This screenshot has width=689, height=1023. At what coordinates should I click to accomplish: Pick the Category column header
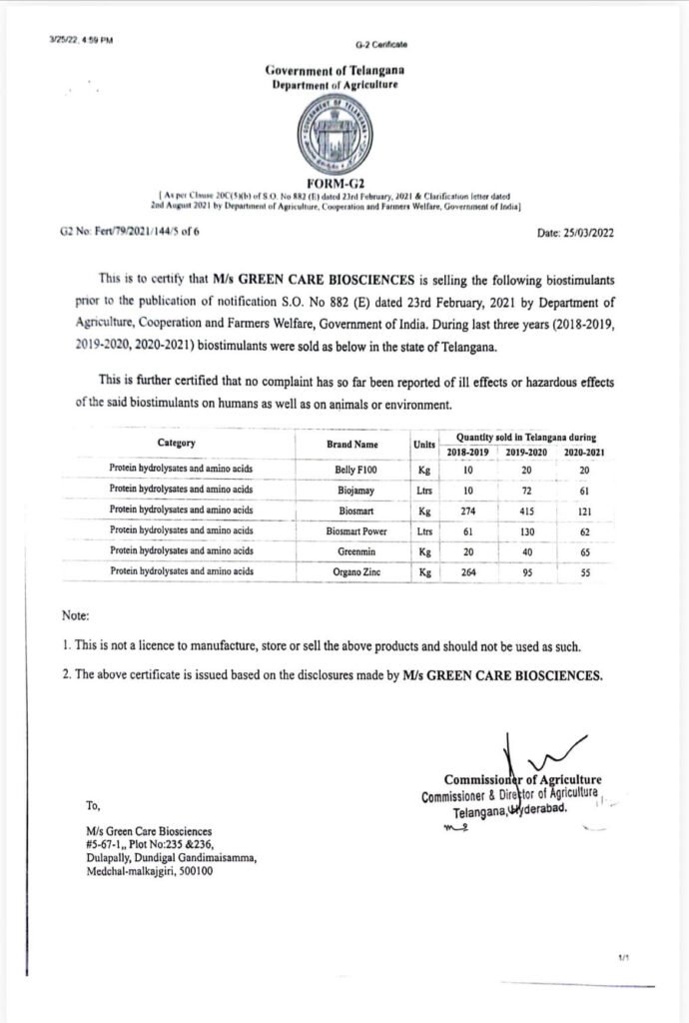[x=176, y=443]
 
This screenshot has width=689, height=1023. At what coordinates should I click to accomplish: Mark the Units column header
[x=423, y=443]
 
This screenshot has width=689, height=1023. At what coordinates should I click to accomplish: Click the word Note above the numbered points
[x=76, y=616]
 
